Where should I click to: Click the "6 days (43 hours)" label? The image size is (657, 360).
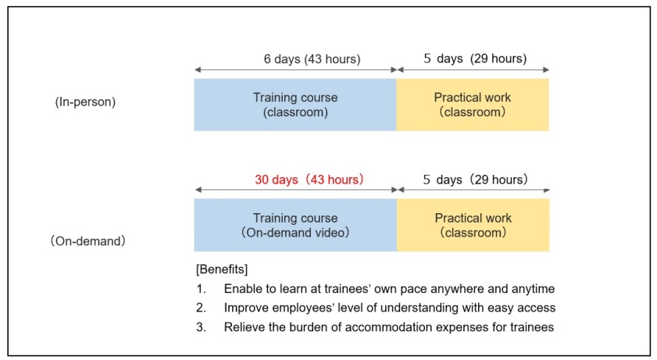[312, 59]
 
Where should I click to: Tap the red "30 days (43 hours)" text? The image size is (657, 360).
[309, 180]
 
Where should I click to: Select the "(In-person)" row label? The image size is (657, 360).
[85, 102]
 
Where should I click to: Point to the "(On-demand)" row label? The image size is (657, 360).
[88, 241]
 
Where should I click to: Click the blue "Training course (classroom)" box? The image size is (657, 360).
[295, 105]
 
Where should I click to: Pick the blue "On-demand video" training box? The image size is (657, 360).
[295, 225]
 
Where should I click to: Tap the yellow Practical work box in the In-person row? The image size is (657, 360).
[473, 105]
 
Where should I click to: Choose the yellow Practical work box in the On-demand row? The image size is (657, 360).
[473, 225]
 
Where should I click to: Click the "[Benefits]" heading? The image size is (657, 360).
[222, 269]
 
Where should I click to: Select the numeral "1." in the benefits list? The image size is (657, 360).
[201, 289]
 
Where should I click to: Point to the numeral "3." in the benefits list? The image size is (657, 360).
[201, 327]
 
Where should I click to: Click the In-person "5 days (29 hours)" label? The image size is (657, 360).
[475, 59]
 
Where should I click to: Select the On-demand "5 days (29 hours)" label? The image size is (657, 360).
[475, 180]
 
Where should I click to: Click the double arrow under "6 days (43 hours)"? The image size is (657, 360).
[295, 70]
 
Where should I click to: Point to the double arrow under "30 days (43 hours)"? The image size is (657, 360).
[296, 190]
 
